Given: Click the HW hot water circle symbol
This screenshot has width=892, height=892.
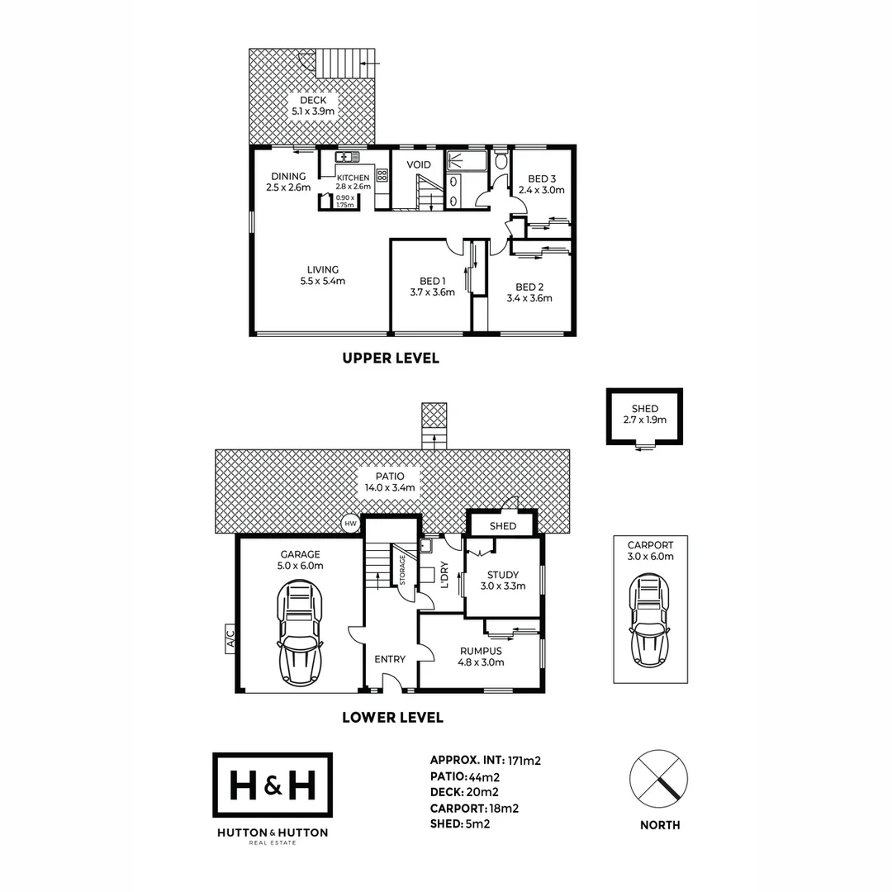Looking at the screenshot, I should (350, 523).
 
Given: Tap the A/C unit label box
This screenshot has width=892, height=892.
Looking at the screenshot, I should (230, 638).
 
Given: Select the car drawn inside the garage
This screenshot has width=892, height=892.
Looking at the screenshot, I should (299, 632).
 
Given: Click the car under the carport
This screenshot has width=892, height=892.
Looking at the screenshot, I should (650, 621).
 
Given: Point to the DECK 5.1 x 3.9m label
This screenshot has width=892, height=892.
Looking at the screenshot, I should (313, 105).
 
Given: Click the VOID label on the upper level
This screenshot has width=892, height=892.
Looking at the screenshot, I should (419, 165).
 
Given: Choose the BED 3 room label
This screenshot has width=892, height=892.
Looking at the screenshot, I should (542, 184).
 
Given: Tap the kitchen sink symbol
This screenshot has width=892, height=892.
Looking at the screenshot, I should (344, 156).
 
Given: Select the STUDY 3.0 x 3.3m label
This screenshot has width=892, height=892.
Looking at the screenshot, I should (502, 581).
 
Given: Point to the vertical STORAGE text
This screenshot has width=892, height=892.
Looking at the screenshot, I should (402, 570).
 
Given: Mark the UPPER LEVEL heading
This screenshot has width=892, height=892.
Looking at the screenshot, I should (391, 358).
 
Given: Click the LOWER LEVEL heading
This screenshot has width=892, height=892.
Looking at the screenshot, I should (392, 718).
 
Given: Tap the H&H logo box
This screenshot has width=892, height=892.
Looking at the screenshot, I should (273, 785).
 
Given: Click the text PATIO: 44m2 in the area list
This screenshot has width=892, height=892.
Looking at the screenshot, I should (463, 776).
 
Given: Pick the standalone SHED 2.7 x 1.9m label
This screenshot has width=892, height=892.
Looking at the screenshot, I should (645, 414).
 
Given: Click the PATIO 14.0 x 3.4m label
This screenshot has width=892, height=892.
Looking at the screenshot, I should (392, 482).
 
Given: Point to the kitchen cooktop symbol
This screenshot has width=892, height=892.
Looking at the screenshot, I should (382, 175).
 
